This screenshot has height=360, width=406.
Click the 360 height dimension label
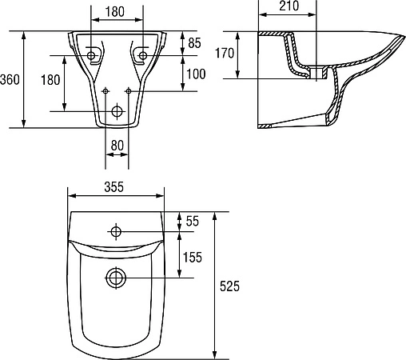click(10, 79)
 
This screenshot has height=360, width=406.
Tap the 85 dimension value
click(194, 43)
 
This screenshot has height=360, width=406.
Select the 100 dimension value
click(196, 74)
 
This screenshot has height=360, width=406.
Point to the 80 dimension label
click(117, 146)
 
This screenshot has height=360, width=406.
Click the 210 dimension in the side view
click(289, 6)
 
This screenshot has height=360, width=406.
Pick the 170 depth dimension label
click(225, 53)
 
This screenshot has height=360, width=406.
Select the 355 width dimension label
click(114, 187)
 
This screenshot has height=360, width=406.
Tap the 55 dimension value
click(193, 221)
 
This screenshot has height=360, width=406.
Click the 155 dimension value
click(193, 257)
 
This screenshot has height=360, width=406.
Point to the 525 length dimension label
click(229, 286)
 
